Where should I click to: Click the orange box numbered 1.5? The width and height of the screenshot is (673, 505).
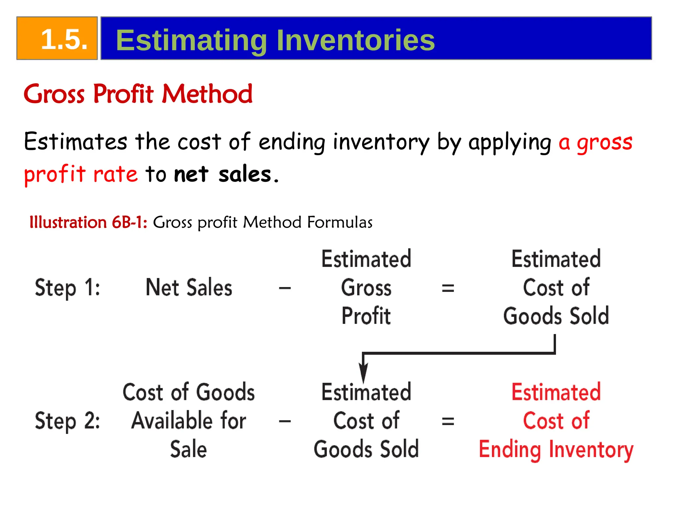tap(57, 38)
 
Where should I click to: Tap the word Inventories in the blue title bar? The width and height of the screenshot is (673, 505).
tap(356, 40)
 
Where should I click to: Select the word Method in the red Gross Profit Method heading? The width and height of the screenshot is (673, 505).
tap(207, 94)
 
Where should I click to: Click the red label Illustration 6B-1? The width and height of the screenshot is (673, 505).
tap(88, 222)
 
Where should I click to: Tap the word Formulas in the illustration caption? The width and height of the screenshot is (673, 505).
tap(340, 222)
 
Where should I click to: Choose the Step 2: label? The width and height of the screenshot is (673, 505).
tap(67, 421)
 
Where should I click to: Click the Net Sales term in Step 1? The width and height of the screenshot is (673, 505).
tap(189, 288)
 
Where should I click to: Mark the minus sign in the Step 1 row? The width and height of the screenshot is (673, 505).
tap(285, 288)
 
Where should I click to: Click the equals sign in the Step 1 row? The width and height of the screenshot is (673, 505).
tap(448, 288)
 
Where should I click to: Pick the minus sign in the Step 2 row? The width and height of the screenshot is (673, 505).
tap(285, 421)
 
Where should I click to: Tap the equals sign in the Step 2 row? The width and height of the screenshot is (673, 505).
tap(448, 421)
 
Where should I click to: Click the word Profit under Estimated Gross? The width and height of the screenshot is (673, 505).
tap(366, 316)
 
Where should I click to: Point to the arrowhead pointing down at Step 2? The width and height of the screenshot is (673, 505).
tap(363, 373)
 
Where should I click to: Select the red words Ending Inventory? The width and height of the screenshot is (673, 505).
tap(556, 450)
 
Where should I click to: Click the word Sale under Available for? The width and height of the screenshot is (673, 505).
tap(188, 449)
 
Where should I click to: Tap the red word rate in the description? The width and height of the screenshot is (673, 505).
tap(115, 174)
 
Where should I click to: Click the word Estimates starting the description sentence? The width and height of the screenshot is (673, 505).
tap(75, 142)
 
